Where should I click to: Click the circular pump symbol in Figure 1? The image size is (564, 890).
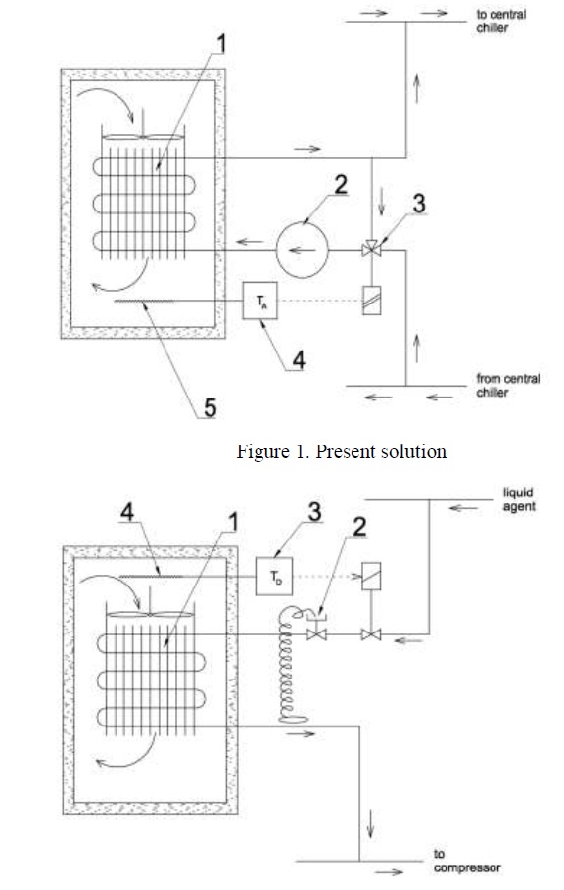(x=303, y=250)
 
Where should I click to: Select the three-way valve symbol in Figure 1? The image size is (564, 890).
(x=372, y=248)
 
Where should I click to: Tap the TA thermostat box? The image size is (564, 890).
(x=259, y=301)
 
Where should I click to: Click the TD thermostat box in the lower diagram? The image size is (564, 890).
(x=274, y=576)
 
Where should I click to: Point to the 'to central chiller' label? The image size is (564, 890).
(x=501, y=21)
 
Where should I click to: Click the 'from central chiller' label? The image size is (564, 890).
(x=508, y=386)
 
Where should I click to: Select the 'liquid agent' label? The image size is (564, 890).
(x=517, y=499)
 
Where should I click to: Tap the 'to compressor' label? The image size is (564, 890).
(x=467, y=861)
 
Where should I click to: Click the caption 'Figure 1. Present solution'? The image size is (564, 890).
(x=341, y=451)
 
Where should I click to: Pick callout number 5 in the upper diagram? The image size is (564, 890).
(x=210, y=407)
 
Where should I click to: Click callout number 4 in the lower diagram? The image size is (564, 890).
(x=127, y=512)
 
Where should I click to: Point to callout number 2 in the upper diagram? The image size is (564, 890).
(x=341, y=185)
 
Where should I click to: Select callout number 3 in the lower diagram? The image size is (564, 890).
(x=314, y=511)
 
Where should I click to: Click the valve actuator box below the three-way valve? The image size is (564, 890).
(x=372, y=300)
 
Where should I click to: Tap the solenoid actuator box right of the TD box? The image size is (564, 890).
(x=371, y=576)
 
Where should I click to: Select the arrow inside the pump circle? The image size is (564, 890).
(x=298, y=249)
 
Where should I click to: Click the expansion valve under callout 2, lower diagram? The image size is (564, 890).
(x=316, y=634)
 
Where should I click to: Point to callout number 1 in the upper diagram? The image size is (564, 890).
(x=222, y=43)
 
